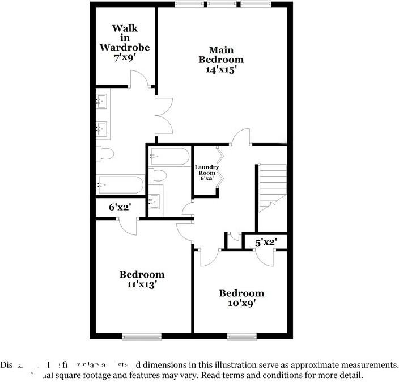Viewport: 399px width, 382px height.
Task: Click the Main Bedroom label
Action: coord(220,54)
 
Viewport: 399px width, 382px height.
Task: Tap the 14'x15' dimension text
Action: coord(220,70)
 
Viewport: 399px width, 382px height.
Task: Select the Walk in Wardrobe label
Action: coord(124,37)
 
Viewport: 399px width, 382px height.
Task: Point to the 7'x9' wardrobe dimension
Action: coord(124,57)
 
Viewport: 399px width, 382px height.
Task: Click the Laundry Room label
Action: coord(206,170)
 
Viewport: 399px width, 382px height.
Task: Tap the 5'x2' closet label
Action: coord(265,242)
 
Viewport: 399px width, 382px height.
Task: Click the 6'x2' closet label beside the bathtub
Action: coord(120,207)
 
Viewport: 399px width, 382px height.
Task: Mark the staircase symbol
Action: coord(272,187)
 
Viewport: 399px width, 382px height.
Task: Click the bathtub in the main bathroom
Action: coord(120,184)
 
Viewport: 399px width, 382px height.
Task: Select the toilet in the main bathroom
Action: coord(105,153)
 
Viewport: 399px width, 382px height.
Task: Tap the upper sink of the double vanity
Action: coord(103,102)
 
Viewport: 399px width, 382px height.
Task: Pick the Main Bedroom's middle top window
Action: coord(222,5)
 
